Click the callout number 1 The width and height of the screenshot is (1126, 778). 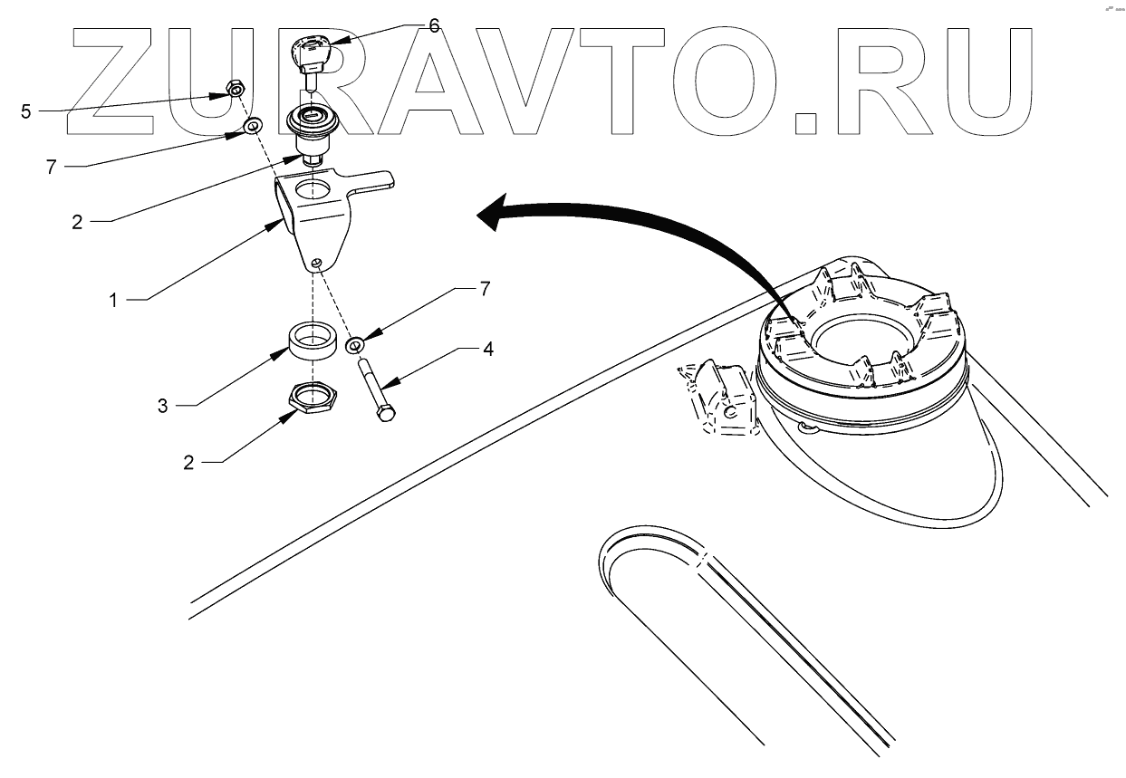tap(114, 300)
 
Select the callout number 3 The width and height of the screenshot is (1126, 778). tap(163, 406)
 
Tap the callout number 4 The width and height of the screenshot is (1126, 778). tap(487, 348)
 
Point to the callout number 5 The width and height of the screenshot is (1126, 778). tap(25, 111)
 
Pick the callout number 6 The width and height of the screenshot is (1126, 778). tap(434, 25)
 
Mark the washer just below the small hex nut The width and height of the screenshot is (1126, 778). tap(253, 123)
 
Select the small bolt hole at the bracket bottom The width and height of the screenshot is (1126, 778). tap(314, 264)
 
